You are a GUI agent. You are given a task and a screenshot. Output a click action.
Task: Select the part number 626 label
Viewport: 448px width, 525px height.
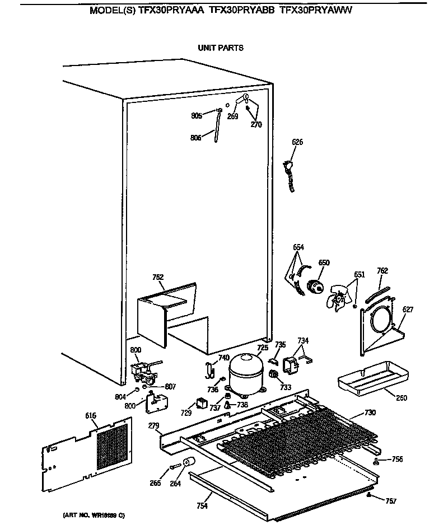[x=297, y=142]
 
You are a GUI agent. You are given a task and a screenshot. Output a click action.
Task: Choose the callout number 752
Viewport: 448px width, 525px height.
[x=158, y=276]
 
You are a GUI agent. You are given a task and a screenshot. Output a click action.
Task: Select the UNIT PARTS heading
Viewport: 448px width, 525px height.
[x=221, y=48]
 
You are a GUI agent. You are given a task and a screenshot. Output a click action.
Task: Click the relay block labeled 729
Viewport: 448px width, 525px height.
[x=200, y=403]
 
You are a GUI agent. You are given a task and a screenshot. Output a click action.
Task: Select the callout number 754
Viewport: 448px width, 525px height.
[x=202, y=506]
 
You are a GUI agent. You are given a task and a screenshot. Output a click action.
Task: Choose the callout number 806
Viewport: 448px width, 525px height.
[x=195, y=137]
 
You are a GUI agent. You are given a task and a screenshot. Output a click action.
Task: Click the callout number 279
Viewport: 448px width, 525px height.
[x=154, y=426]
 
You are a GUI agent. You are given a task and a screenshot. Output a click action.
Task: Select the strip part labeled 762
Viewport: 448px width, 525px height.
[x=376, y=293]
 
